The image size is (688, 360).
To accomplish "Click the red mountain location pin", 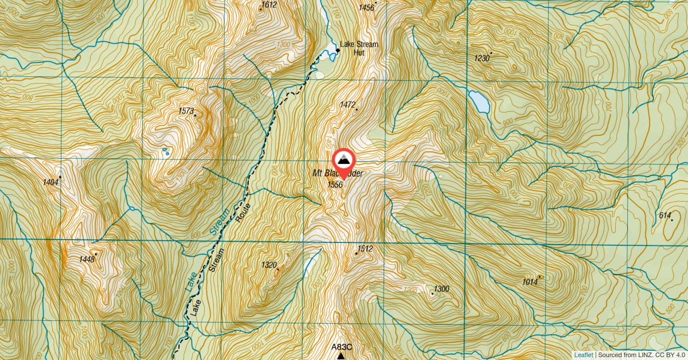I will (343, 161).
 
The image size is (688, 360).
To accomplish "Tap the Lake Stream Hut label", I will (359, 48).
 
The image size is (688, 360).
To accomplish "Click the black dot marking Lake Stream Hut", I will (338, 50).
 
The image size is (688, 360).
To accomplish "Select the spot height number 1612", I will (268, 5).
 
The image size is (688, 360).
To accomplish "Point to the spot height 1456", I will (366, 7).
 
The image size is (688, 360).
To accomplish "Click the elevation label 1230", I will (482, 58).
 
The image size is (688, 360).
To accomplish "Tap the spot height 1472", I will (347, 105).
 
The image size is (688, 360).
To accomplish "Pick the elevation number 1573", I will (186, 111).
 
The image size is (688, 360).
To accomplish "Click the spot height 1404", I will (50, 182).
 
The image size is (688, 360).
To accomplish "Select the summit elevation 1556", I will (335, 185).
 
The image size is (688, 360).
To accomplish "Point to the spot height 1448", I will (87, 260).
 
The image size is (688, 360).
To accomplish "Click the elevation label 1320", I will (269, 265).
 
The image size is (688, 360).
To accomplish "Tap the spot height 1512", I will (365, 249).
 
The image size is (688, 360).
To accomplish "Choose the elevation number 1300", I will (441, 289).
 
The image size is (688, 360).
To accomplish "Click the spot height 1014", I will (530, 281).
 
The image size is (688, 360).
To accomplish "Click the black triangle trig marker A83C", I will (341, 356).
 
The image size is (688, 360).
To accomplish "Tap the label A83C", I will (341, 347).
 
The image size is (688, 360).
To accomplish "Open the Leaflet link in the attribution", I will (584, 355).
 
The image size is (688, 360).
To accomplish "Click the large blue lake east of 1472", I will (479, 102).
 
